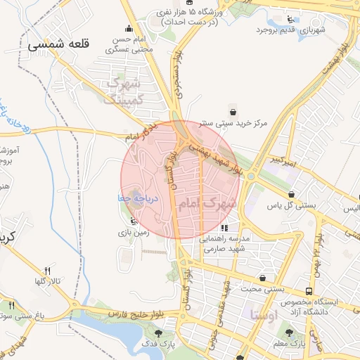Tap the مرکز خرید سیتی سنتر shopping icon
point(233,110)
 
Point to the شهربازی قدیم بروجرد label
point(292,30)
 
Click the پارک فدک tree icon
point(158,333)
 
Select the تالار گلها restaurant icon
point(48,271)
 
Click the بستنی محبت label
point(262,288)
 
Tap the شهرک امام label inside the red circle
point(206,204)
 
